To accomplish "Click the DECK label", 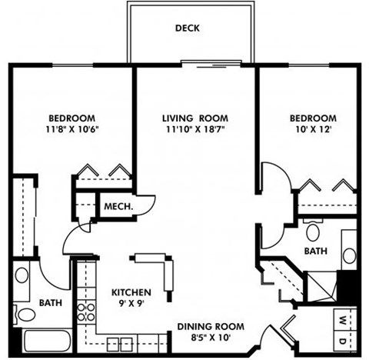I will [187, 28].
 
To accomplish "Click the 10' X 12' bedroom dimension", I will [308, 130].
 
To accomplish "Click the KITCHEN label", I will [131, 293].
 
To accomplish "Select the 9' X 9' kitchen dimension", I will [131, 305].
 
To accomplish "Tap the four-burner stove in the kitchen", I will [87, 312].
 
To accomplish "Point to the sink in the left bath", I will [22, 275].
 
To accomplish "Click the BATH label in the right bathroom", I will [316, 252].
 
